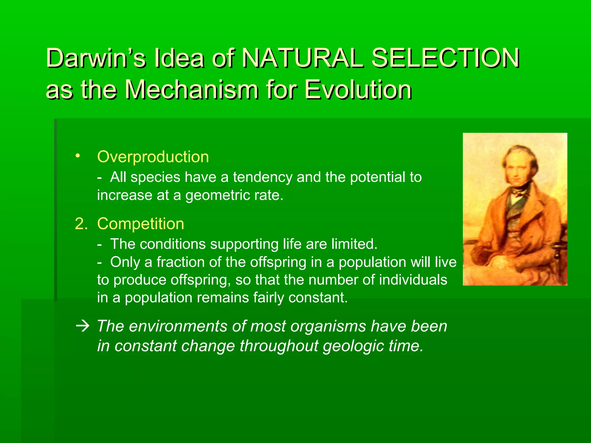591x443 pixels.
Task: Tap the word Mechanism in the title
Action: tap(192, 90)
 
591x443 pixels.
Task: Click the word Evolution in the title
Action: tap(358, 90)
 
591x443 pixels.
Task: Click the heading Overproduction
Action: tap(153, 157)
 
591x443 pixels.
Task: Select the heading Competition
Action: tap(141, 224)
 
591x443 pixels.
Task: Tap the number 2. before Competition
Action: tap(81, 224)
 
